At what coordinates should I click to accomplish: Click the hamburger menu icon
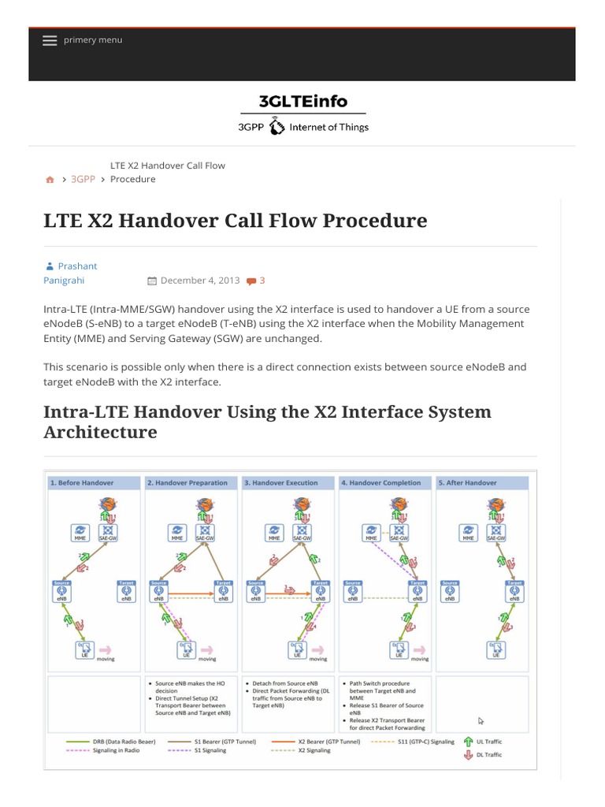tap(50, 41)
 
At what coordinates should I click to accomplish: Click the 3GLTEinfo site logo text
tap(302, 101)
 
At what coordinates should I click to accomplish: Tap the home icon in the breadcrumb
tap(50, 180)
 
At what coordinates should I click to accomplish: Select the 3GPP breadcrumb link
tap(83, 179)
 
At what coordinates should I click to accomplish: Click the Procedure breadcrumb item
tap(132, 179)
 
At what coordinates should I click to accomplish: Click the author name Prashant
tap(77, 266)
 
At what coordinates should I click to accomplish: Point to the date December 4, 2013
tap(199, 281)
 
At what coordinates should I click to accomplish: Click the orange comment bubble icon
tap(251, 281)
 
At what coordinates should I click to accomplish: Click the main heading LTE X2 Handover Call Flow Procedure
tap(235, 221)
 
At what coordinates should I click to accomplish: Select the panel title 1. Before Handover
tap(82, 482)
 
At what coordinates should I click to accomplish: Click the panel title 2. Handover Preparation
tap(187, 482)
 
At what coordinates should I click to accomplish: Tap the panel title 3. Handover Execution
tap(281, 482)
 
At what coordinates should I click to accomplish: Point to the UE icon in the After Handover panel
tap(496, 649)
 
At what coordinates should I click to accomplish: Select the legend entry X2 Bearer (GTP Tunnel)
tap(328, 742)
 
